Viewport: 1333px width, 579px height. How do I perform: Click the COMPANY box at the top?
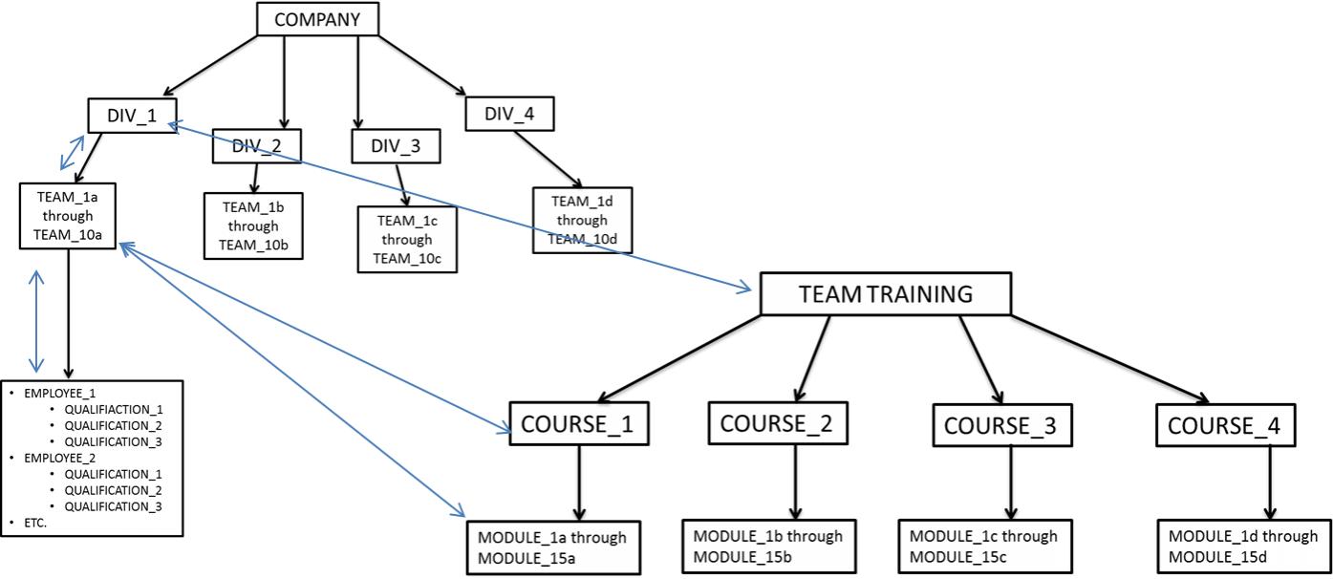(317, 19)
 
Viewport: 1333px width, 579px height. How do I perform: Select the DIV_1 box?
(130, 116)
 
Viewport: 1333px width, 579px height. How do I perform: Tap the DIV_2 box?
(256, 145)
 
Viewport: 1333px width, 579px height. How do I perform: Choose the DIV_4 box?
(510, 115)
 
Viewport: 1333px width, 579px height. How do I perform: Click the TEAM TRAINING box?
(884, 294)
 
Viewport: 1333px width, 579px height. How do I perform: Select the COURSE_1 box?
(578, 424)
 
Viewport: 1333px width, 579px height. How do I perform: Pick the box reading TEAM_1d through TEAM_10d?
(583, 220)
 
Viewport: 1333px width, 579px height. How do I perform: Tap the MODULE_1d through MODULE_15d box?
(1242, 545)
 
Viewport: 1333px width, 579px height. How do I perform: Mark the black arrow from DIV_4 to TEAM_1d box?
(547, 159)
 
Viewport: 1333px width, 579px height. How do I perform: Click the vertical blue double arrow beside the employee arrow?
(36, 321)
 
